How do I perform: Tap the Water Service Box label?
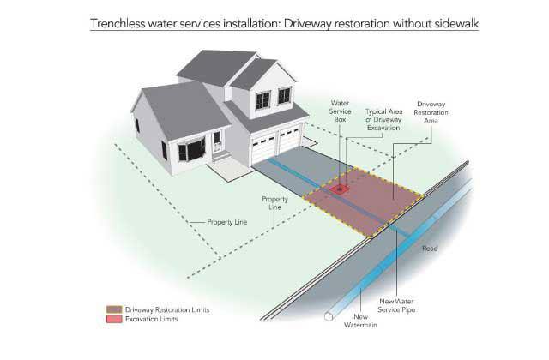(x=341, y=111)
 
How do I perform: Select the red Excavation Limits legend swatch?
(x=112, y=318)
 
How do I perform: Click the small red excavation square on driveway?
(x=341, y=189)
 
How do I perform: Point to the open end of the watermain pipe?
(x=327, y=316)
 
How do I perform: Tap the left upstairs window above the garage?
(x=262, y=98)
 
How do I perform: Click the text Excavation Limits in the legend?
(x=152, y=318)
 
